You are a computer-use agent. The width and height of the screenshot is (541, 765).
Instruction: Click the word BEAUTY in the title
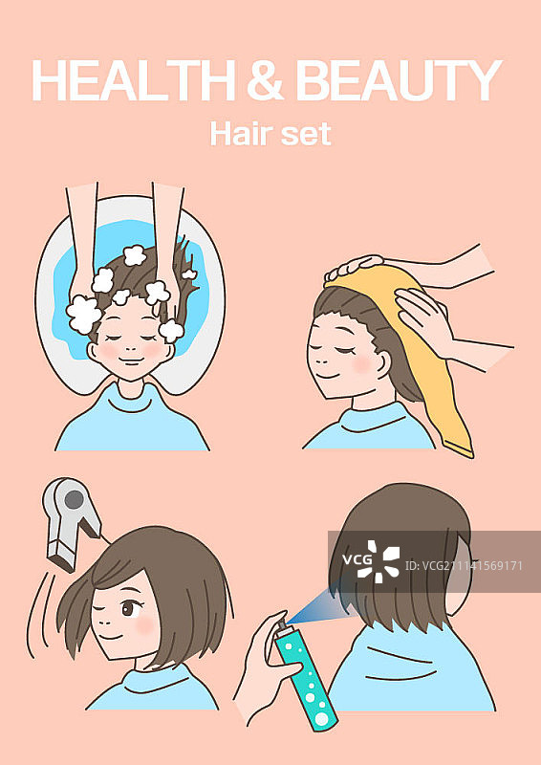point(399,80)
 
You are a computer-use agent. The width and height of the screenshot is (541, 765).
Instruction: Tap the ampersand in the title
point(266,80)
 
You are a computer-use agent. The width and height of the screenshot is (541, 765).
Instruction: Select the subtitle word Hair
point(240,133)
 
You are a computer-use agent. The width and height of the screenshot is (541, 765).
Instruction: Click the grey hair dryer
point(72,522)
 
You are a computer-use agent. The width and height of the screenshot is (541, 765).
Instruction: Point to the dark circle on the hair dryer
point(75,499)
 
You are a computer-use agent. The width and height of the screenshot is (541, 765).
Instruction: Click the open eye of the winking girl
point(129,608)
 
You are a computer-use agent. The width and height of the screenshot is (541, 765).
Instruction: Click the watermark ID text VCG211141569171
point(464,566)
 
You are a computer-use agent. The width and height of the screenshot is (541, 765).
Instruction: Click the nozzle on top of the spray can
point(282,625)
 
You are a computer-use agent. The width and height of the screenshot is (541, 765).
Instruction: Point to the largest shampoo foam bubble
point(84,314)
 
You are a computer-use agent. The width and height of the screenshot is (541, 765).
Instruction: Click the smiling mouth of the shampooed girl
point(131,361)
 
